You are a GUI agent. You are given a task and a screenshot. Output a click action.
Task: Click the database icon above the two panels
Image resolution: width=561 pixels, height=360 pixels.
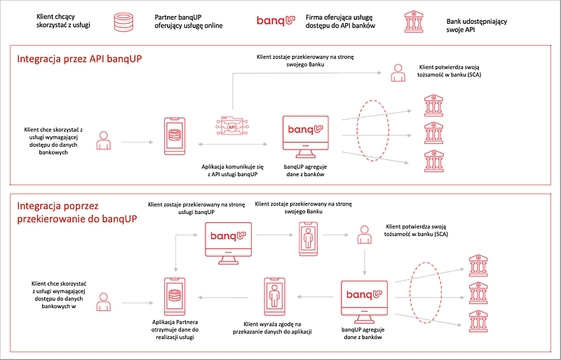[124, 22]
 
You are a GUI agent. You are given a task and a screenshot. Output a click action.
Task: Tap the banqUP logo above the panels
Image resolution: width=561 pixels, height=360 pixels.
[276, 22]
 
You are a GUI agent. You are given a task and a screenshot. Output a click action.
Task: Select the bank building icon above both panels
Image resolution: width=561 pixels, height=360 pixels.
[413, 22]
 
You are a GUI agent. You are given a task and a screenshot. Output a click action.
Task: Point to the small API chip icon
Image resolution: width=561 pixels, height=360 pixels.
[232, 127]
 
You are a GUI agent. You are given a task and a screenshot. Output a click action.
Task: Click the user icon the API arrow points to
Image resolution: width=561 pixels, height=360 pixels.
[398, 72]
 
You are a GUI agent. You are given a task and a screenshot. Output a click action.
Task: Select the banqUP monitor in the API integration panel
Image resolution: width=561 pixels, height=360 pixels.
[305, 134]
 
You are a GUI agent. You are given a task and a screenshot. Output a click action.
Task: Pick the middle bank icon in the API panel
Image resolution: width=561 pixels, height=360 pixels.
[433, 133]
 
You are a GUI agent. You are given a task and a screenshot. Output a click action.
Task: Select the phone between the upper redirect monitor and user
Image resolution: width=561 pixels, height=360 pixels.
[308, 236]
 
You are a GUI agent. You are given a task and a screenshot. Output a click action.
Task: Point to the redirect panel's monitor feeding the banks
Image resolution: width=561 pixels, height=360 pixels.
[364, 300]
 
